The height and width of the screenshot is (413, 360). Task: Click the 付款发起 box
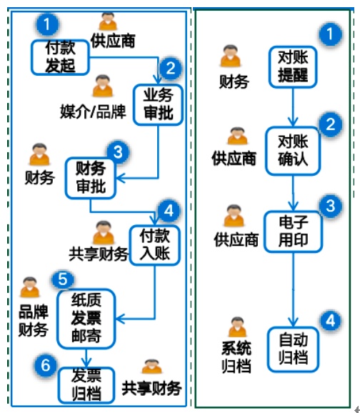tap(60, 57)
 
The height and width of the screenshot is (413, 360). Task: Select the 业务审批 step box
tap(158, 104)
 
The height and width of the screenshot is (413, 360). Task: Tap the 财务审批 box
tap(90, 178)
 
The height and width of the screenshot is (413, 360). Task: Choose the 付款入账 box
tap(154, 245)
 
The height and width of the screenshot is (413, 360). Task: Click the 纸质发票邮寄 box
tap(86, 319)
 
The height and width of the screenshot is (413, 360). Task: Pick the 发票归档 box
tap(86, 385)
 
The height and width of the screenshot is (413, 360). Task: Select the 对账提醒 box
tap(293, 67)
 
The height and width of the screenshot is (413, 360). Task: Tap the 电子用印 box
tap(293, 232)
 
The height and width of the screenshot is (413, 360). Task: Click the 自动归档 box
tap(293, 349)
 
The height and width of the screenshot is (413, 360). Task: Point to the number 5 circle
tap(63, 279)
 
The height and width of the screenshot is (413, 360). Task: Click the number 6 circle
tap(45, 365)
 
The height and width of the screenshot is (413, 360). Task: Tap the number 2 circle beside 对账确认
tap(331, 124)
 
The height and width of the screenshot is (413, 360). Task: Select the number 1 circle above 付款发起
tap(47, 24)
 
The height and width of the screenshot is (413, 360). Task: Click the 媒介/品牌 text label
tap(94, 111)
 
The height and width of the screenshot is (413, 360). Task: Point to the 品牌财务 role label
tap(33, 321)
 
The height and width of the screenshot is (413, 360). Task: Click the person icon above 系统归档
tap(237, 327)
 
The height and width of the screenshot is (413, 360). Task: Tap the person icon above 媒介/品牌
tap(103, 86)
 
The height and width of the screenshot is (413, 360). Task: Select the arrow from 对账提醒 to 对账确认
tap(293, 107)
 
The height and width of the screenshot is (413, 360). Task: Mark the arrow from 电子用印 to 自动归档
tap(293, 289)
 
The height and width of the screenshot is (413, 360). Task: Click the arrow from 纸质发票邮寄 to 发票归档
tap(86, 358)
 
